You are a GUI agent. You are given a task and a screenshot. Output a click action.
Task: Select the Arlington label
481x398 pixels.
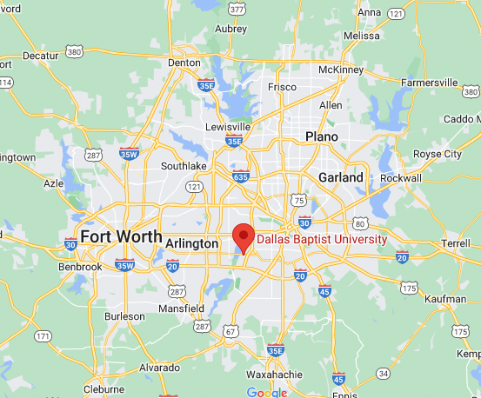coord(191,244)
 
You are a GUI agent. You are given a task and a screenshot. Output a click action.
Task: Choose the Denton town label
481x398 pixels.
coord(184,63)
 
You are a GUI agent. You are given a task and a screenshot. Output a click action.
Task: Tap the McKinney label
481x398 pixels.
coord(340,69)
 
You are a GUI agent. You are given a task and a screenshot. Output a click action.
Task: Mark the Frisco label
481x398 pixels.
coord(282,87)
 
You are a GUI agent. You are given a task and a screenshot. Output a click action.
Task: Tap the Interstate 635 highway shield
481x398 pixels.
coord(241,177)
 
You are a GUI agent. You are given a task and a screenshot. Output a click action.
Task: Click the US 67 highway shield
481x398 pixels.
coord(231,331)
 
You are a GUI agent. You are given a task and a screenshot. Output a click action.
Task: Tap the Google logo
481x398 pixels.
coord(266,392)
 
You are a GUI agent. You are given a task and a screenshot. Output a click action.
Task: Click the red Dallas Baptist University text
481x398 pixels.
coord(322,240)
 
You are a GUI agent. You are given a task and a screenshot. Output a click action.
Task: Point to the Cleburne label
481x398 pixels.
coord(104,389)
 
